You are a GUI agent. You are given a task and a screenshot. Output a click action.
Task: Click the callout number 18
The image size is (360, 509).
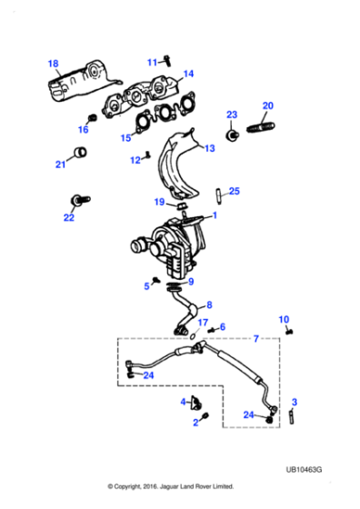(54, 64)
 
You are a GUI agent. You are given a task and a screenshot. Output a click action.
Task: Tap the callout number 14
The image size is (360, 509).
(188, 74)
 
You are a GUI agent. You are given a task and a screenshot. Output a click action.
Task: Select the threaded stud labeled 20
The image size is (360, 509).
(261, 127)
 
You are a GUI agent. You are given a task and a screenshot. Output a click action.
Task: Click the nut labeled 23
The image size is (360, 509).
(233, 135)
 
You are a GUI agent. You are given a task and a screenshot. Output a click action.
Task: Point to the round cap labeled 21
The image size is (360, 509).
(79, 152)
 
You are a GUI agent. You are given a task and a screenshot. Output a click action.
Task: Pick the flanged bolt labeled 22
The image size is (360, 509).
(80, 200)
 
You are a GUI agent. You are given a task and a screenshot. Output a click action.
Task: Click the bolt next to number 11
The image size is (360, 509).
(168, 60)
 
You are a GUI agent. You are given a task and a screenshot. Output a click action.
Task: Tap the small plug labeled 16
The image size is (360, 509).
(92, 117)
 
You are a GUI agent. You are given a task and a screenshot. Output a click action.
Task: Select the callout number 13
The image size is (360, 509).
(210, 148)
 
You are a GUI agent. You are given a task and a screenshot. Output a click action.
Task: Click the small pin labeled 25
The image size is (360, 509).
(218, 195)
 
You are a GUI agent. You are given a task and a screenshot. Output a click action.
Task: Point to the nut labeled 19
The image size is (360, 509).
(182, 205)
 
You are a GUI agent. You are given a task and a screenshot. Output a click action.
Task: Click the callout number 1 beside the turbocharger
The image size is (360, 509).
(215, 215)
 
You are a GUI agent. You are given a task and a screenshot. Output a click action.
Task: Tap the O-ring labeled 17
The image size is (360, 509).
(193, 336)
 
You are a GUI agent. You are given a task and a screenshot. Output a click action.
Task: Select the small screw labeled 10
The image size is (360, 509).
(290, 332)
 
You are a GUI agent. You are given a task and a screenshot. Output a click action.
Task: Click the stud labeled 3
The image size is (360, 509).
(292, 416)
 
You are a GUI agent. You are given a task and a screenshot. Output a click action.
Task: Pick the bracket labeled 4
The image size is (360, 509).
(196, 403)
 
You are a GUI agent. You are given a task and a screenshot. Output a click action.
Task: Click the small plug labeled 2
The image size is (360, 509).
(205, 415)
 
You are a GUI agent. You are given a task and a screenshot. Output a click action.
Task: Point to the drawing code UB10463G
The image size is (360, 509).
(304, 470)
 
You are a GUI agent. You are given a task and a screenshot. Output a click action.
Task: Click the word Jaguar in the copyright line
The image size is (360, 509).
(168, 486)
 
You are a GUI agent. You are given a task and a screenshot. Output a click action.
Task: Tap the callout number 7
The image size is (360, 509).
(256, 339)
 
